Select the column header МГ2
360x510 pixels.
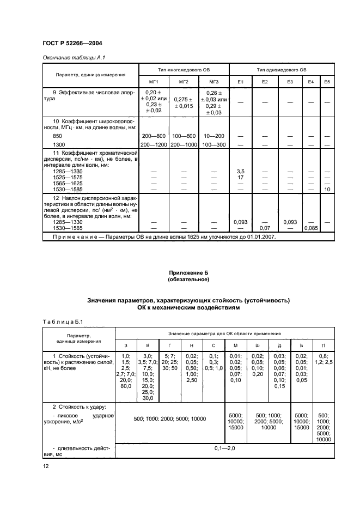(184, 82)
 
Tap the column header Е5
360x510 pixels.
(327, 82)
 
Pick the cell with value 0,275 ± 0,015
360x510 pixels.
(184, 102)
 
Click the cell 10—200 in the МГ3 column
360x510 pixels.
(213, 135)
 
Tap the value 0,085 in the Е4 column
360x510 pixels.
(311, 228)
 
